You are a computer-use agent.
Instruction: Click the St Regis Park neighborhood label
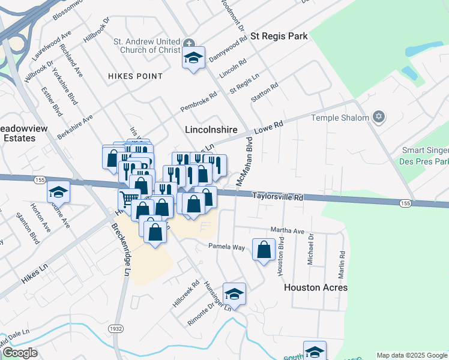click(279, 36)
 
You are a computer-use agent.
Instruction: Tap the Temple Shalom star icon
click(378, 117)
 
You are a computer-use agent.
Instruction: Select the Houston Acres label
click(315, 287)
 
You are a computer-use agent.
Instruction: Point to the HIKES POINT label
click(135, 76)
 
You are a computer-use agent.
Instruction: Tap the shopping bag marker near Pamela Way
click(264, 249)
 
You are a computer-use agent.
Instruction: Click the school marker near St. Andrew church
click(193, 58)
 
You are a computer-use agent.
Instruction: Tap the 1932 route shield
click(116, 328)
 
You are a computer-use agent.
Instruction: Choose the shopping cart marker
click(129, 198)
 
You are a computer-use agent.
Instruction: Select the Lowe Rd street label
click(268, 127)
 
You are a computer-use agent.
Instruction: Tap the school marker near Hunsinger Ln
click(234, 294)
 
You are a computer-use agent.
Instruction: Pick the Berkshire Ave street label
click(75, 127)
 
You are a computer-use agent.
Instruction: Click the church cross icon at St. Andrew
click(188, 43)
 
